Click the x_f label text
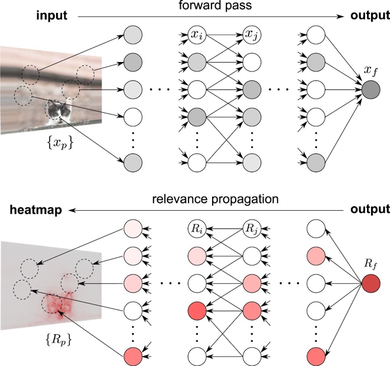click(372, 71)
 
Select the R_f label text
click(372, 263)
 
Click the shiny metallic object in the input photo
click(59, 110)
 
